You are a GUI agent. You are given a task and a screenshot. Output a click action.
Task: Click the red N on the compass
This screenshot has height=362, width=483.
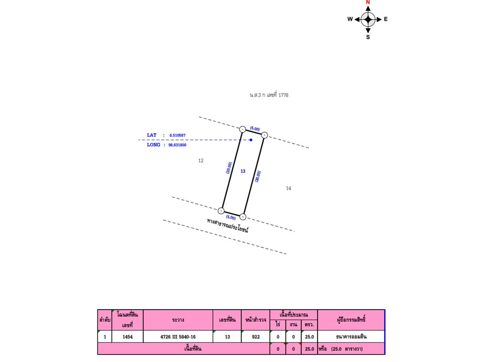368,2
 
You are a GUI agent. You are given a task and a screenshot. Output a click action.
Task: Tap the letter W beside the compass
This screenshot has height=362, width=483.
350,19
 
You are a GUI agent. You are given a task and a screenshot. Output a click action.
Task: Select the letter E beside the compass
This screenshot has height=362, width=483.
386,19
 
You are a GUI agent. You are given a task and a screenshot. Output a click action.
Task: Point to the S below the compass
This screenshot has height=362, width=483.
368,37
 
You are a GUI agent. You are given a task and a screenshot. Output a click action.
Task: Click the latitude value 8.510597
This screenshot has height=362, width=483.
178,135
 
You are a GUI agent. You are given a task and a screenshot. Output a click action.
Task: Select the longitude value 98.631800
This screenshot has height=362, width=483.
177,145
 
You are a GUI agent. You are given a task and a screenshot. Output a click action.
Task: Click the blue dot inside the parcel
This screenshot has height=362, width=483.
251,140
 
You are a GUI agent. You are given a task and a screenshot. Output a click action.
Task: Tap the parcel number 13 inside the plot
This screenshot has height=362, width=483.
243,171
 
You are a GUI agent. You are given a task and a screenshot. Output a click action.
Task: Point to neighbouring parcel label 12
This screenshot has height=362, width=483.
201,160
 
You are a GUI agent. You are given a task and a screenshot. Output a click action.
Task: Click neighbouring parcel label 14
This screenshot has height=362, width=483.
288,188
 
